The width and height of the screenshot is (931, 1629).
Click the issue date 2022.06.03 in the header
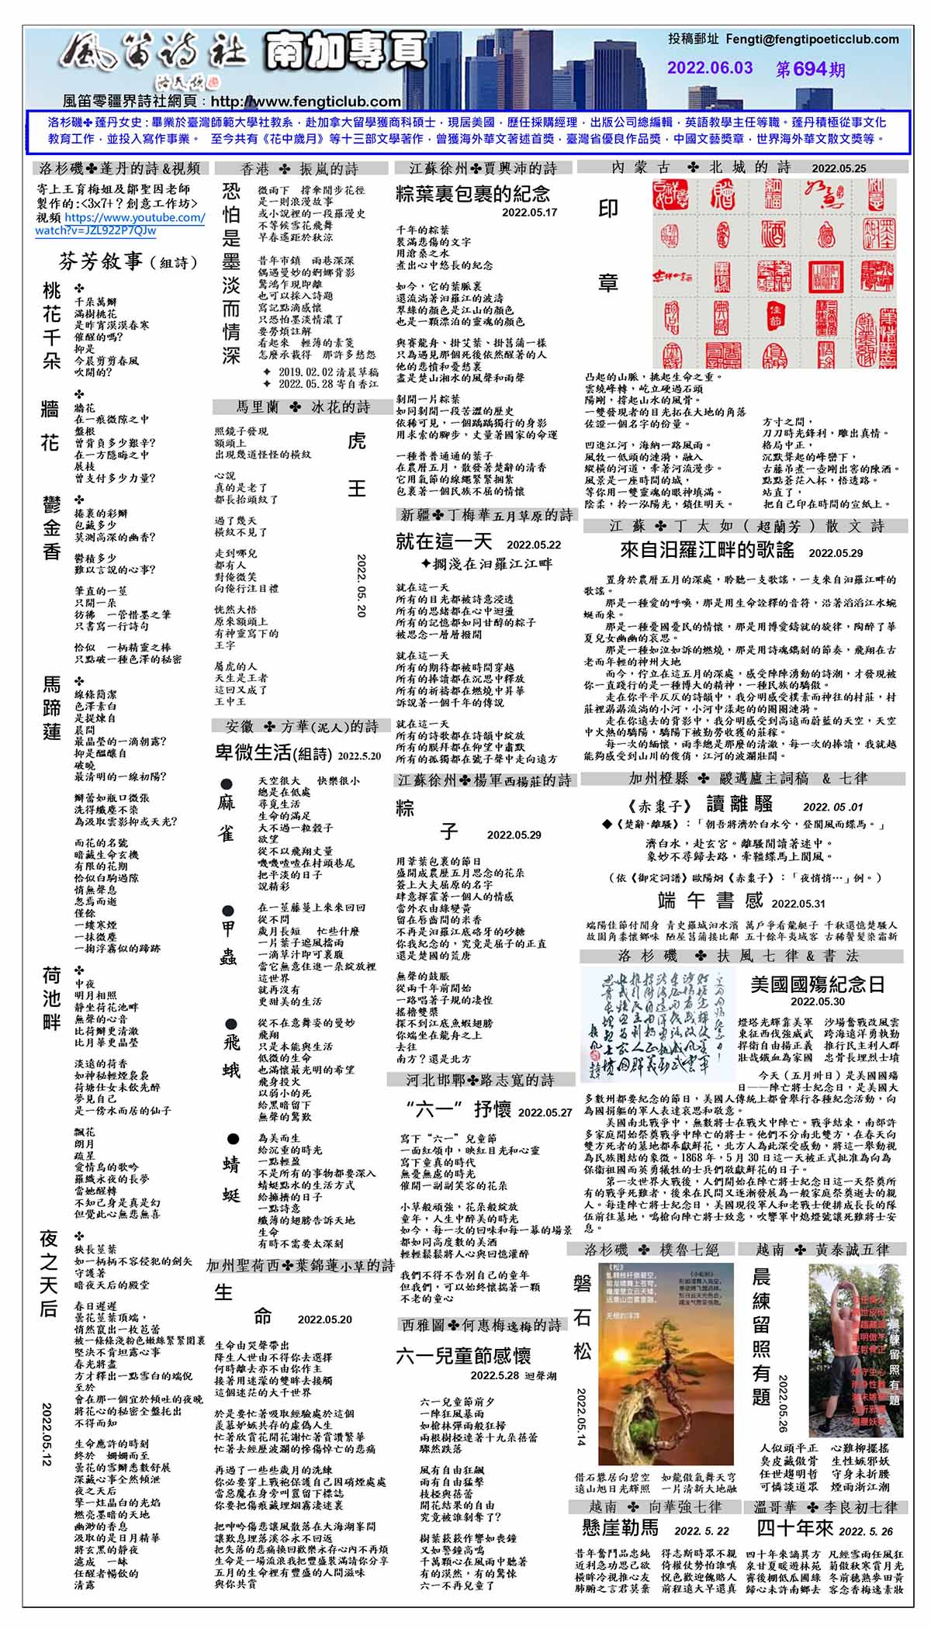710,68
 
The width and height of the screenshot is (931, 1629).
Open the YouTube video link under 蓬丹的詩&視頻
120,224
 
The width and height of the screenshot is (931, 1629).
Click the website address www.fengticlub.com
306,102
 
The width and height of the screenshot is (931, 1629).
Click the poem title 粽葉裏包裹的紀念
472,194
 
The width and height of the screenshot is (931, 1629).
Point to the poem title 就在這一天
444,541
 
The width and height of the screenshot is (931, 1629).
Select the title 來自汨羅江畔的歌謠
707,550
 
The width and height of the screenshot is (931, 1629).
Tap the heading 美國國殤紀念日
818,984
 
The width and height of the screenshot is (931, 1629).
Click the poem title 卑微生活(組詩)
273,753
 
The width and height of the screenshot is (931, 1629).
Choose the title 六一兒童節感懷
463,1356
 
